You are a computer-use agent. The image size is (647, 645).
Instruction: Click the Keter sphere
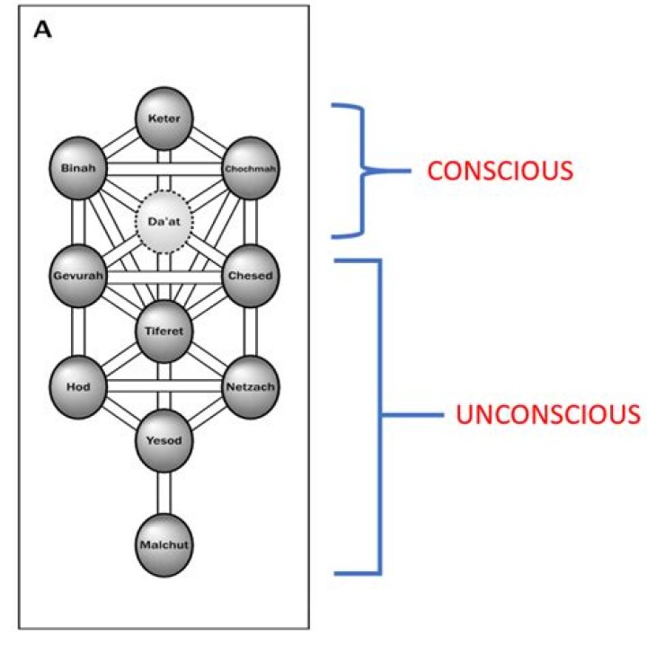[x=164, y=117]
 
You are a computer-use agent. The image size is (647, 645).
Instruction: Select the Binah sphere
[x=78, y=168]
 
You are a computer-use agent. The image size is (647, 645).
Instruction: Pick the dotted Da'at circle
[x=164, y=221]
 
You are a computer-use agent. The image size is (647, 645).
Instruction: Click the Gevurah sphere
[x=78, y=275]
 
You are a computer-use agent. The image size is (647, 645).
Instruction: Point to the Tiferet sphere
[x=164, y=331]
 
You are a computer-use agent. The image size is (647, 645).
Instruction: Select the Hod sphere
[x=78, y=386]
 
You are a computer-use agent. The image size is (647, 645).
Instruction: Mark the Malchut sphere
[x=164, y=544]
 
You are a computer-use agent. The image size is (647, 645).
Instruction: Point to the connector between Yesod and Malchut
[x=164, y=492]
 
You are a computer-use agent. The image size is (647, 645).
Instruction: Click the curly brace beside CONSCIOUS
[x=360, y=171]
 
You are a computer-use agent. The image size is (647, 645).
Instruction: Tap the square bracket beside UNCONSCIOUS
[x=379, y=416]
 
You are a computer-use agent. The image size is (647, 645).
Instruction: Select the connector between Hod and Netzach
[x=164, y=386]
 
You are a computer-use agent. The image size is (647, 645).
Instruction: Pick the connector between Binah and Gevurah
[x=78, y=222]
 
